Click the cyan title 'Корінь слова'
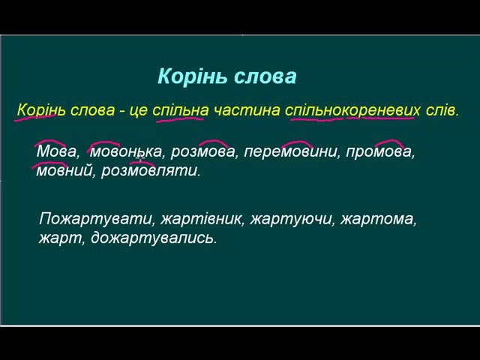point(226,76)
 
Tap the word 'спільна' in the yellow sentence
point(180,110)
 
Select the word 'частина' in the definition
point(247,110)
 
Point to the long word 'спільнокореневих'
point(352,110)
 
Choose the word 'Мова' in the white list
point(56,151)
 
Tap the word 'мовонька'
point(125,151)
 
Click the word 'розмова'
point(202,151)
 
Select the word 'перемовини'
point(290,151)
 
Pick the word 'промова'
point(379,151)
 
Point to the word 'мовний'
point(64,171)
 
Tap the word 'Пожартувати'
point(95,219)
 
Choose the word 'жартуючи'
point(290,219)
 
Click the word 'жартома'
point(376,219)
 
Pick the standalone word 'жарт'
point(60,238)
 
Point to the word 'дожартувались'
point(152,238)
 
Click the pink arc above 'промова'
point(389,143)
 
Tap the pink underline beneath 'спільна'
point(180,120)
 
